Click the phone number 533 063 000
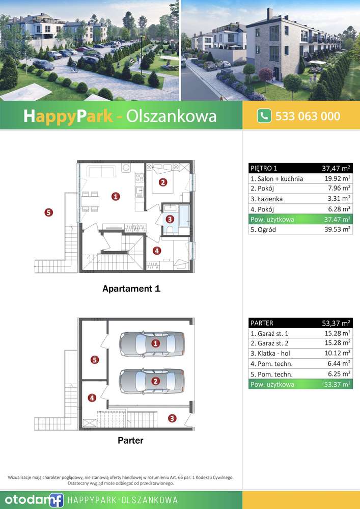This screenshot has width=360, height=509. (308, 116)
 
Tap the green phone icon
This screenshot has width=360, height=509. (264, 116)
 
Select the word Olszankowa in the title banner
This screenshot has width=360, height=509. (178, 116)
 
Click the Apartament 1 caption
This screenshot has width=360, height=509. (131, 289)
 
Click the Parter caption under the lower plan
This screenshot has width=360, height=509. (130, 440)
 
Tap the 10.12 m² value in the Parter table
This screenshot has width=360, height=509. (338, 353)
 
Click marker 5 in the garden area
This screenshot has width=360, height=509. (48, 213)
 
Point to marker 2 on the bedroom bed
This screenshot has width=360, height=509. (162, 182)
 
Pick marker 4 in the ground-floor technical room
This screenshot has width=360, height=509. (92, 398)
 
